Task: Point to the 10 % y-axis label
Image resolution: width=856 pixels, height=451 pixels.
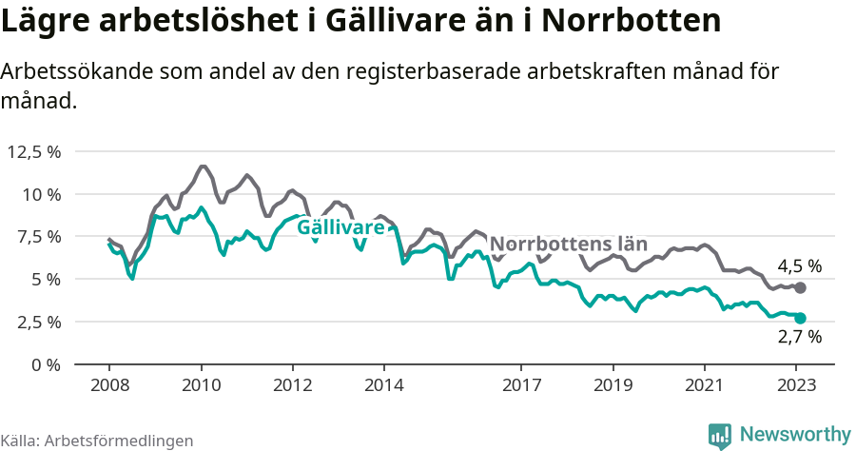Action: click(40, 194)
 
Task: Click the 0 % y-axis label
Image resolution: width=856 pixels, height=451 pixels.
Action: click(45, 364)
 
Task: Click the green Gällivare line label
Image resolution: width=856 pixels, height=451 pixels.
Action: click(340, 228)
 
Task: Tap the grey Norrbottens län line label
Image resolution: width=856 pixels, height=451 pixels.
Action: click(569, 244)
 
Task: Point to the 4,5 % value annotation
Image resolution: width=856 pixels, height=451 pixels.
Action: click(799, 266)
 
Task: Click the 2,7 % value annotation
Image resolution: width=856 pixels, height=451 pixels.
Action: click(799, 336)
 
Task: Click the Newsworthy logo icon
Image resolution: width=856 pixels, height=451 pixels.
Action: click(720, 435)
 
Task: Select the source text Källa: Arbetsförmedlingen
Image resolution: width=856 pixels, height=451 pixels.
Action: click(97, 441)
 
